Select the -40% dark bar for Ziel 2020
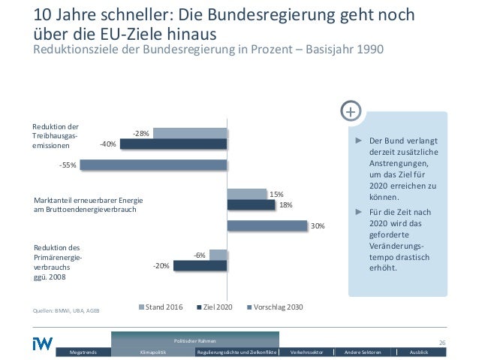coord(173,144)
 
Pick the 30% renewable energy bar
coord(267,225)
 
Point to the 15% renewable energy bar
coord(246,194)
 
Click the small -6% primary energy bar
coord(218,255)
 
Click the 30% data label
coord(318,225)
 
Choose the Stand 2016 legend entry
coord(161,307)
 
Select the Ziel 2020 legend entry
coord(215,307)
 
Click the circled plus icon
coord(351,112)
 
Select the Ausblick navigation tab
coord(420,352)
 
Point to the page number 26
coord(442,343)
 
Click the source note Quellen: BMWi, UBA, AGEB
coord(67,310)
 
